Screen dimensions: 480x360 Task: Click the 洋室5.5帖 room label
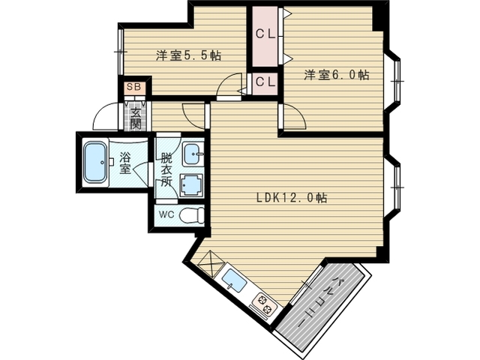tap(188, 55)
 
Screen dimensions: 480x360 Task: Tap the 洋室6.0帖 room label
tap(337, 75)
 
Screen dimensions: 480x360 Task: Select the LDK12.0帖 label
tap(292, 198)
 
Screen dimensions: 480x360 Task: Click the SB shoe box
tap(133, 87)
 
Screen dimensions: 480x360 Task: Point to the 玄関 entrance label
tap(135, 118)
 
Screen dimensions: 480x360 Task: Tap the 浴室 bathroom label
tap(125, 163)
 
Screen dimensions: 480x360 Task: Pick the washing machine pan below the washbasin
tap(192, 184)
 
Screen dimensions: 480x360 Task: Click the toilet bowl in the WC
tap(191, 215)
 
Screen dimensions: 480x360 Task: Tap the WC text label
tap(166, 214)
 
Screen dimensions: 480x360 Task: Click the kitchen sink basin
tap(234, 280)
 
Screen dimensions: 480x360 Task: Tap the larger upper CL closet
tap(265, 37)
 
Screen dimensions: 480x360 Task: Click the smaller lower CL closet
tap(265, 83)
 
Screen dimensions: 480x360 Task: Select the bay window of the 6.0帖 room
tap(394, 81)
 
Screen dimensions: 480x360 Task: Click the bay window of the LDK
tap(394, 187)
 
